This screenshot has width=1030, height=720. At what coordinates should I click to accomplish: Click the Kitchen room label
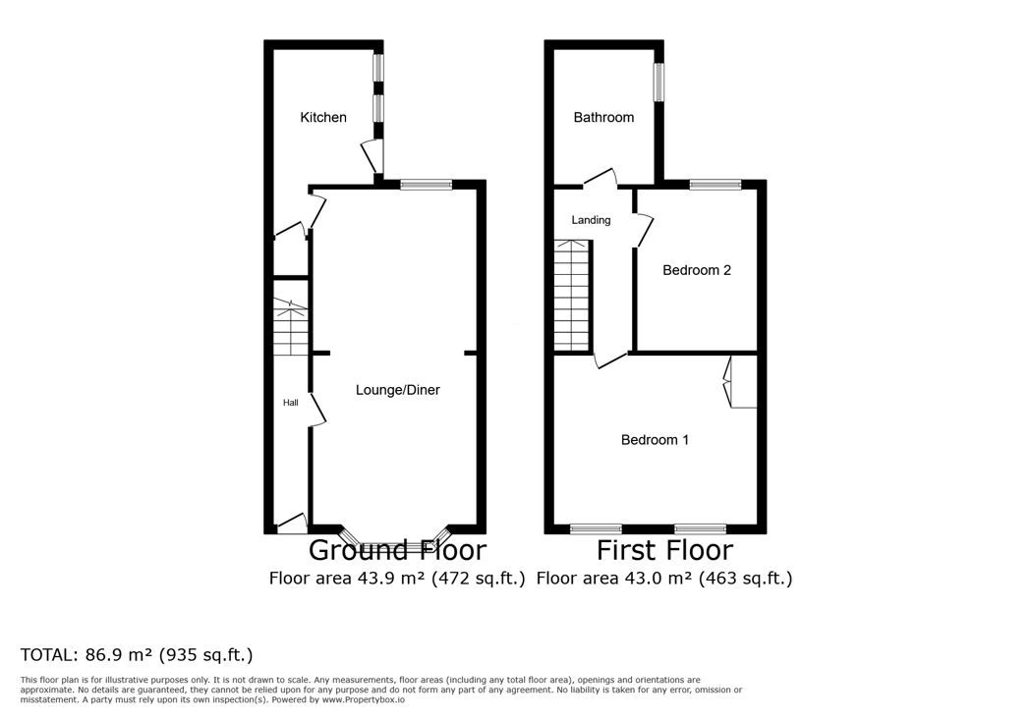pyautogui.click(x=323, y=118)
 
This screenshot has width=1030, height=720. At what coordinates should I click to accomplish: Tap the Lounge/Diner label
pyautogui.click(x=397, y=390)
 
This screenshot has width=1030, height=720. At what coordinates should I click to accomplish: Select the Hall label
pyautogui.click(x=290, y=403)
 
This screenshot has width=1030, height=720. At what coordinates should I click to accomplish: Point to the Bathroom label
pyautogui.click(x=603, y=118)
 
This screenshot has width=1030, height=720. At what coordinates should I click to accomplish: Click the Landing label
pyautogui.click(x=591, y=221)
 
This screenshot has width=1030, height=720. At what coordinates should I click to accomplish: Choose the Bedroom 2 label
pyautogui.click(x=696, y=270)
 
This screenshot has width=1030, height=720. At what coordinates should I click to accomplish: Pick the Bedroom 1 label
pyautogui.click(x=655, y=440)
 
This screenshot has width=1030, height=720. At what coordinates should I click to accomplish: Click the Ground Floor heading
pyautogui.click(x=397, y=550)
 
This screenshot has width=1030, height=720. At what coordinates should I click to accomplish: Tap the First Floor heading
pyautogui.click(x=664, y=550)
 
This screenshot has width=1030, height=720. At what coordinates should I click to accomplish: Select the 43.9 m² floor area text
pyautogui.click(x=387, y=579)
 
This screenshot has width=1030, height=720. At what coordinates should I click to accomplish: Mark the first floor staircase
pyautogui.click(x=573, y=296)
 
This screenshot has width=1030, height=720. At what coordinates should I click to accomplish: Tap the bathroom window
pyautogui.click(x=658, y=83)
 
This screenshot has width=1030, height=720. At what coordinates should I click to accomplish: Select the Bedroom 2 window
pyautogui.click(x=715, y=185)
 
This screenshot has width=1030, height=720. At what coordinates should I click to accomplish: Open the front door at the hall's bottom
pyautogui.click(x=290, y=524)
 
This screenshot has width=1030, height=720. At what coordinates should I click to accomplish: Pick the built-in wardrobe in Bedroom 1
pyautogui.click(x=741, y=382)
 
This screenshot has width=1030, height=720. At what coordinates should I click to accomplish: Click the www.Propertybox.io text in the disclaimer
pyautogui.click(x=364, y=699)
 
